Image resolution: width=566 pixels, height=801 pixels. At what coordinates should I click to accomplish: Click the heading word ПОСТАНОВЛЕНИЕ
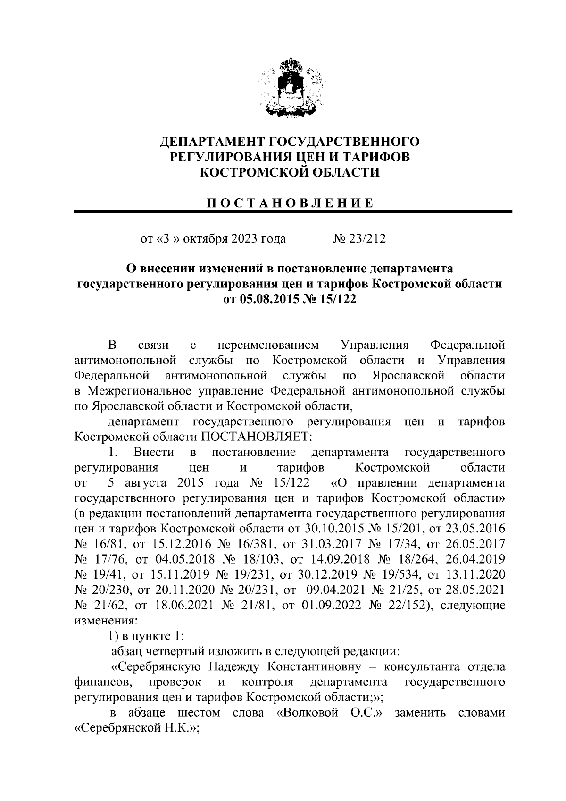tap(290, 203)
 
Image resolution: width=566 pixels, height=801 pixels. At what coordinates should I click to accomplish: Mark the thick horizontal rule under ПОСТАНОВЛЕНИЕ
tap(292, 212)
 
